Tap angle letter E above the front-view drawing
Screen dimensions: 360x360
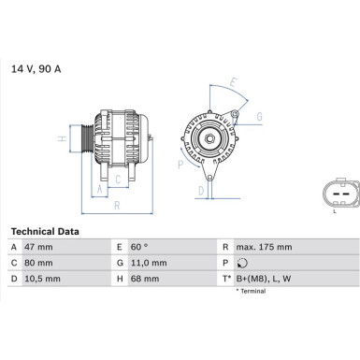pyautogui.click(x=233, y=81)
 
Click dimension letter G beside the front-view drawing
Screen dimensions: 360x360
pyautogui.click(x=260, y=116)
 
